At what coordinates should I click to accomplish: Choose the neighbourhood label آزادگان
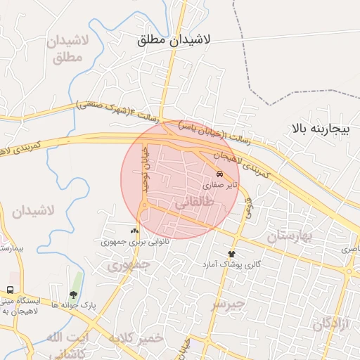[x=332, y=323]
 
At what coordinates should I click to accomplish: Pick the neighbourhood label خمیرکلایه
[x=136, y=338]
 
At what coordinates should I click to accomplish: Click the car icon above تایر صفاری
[x=220, y=174]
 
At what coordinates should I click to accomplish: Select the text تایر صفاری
[x=221, y=186]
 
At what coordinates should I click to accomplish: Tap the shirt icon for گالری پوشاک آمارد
[x=231, y=254]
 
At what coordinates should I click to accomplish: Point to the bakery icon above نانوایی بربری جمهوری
[x=134, y=231]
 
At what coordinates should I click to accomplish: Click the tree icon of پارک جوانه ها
[x=73, y=295]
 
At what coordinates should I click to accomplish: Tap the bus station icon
[x=11, y=290]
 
